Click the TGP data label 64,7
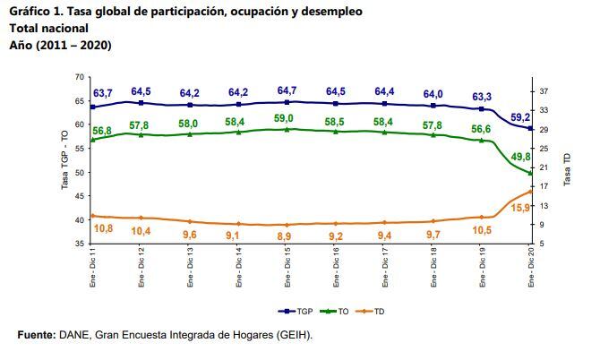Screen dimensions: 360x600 click(287, 90)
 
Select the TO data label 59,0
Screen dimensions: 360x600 click(287, 117)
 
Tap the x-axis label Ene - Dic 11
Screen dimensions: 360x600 click(95, 268)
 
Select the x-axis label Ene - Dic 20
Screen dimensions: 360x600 click(531, 268)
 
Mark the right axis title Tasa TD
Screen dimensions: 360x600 click(566, 168)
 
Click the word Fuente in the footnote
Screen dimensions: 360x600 click(37, 335)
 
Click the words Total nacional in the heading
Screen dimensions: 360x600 click(48, 28)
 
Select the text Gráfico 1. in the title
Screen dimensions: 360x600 click(35, 12)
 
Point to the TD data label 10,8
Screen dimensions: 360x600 click(104, 229)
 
